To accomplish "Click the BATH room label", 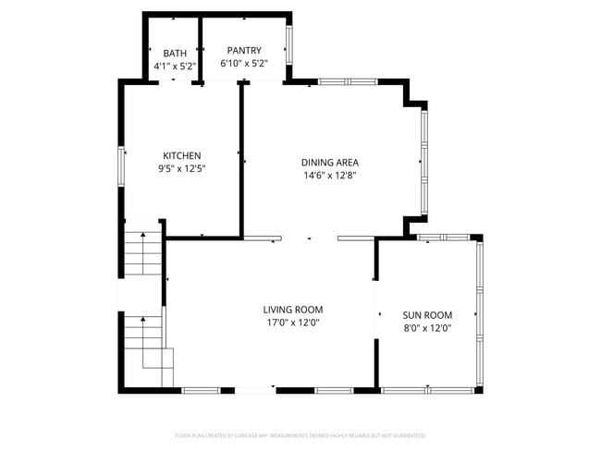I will pyautogui.click(x=175, y=53).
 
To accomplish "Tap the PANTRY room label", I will pyautogui.click(x=240, y=51).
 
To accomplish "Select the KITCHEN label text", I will pyautogui.click(x=182, y=155).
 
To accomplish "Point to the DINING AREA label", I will pyautogui.click(x=330, y=163).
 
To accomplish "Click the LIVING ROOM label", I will pyautogui.click(x=292, y=310).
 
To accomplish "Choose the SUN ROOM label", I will pyautogui.click(x=426, y=314).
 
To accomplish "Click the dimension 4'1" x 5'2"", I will pyautogui.click(x=175, y=67).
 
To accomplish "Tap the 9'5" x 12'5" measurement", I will pyautogui.click(x=181, y=169).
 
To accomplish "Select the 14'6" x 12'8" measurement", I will pyautogui.click(x=330, y=176).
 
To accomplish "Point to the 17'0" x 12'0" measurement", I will pyautogui.click(x=292, y=323).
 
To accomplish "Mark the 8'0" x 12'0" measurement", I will pyautogui.click(x=426, y=327).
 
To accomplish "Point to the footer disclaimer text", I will pyautogui.click(x=300, y=434).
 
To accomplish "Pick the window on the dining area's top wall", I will pyautogui.click(x=347, y=82).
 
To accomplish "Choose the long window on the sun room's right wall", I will pyautogui.click(x=478, y=312).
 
